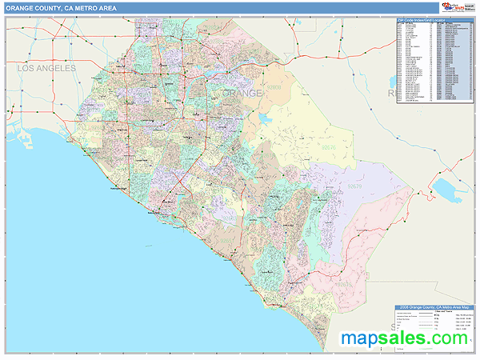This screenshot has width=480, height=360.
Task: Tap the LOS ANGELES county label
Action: click(x=46, y=69)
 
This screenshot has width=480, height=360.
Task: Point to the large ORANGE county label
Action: click(x=242, y=94)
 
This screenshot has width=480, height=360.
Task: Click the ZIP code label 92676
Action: click(x=327, y=148)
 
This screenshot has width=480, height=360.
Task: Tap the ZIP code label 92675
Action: click(x=344, y=282)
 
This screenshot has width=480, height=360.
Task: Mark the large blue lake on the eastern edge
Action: click(x=445, y=189)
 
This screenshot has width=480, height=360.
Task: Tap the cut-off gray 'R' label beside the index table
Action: click(x=391, y=94)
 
